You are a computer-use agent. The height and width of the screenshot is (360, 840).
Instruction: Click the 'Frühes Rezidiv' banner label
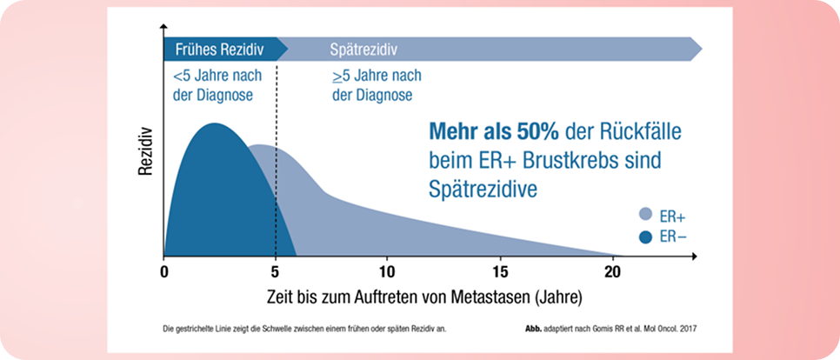[x=219, y=49]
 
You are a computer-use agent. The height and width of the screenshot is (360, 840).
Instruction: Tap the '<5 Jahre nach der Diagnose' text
[x=217, y=85]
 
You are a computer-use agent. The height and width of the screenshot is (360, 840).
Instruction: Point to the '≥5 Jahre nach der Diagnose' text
[x=377, y=85]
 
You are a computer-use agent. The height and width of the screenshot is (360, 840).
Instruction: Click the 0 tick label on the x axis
[x=164, y=270]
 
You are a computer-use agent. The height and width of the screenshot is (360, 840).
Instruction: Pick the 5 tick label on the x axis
[x=276, y=270]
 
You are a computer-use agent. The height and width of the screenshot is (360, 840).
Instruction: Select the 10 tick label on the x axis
[x=386, y=270]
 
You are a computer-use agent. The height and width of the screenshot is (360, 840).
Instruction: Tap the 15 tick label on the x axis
[x=499, y=270]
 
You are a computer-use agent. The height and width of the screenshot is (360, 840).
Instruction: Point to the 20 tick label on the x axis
[x=611, y=270]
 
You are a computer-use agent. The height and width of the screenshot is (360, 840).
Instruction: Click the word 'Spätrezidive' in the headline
[x=481, y=187]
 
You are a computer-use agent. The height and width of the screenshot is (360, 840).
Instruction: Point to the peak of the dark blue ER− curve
[x=210, y=124]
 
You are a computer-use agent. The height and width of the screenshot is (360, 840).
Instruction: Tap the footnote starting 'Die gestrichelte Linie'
[x=309, y=329]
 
